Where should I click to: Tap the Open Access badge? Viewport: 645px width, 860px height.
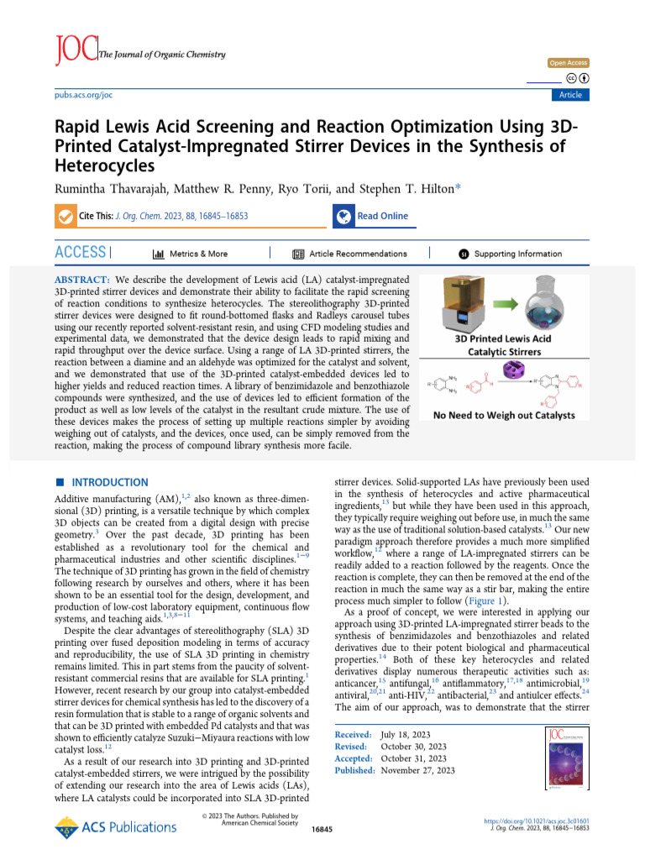(x=569, y=63)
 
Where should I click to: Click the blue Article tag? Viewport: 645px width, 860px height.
(x=570, y=95)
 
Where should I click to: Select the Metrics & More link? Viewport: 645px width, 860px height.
(x=190, y=254)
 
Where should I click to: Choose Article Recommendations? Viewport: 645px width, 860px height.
(x=349, y=254)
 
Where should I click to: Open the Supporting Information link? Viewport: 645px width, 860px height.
(x=509, y=254)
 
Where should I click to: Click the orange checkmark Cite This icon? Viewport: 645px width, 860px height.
(x=65, y=217)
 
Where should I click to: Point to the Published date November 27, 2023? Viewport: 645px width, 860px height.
(x=417, y=770)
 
